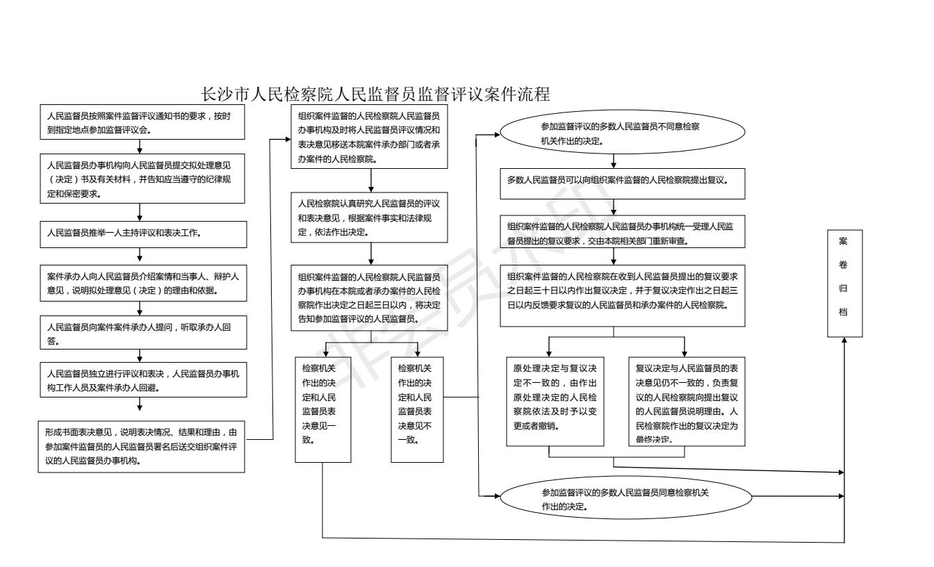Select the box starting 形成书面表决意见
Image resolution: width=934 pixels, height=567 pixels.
(140, 445)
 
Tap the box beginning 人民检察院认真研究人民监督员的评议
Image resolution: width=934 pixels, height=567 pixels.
(372, 217)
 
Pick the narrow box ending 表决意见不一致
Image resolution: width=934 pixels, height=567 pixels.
(417, 409)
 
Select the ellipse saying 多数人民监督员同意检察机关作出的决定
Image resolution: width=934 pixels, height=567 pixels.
(625, 498)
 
